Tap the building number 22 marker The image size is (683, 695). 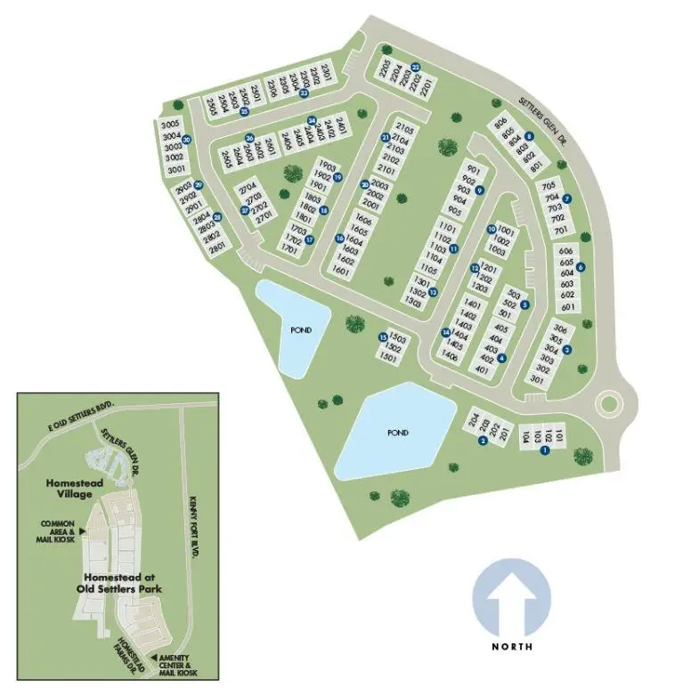[x=416, y=66]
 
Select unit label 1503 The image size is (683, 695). [x=398, y=339]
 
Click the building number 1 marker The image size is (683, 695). [x=545, y=449]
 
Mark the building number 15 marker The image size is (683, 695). [x=383, y=337]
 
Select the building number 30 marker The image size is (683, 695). [x=187, y=140]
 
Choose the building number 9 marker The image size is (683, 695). [x=479, y=190]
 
